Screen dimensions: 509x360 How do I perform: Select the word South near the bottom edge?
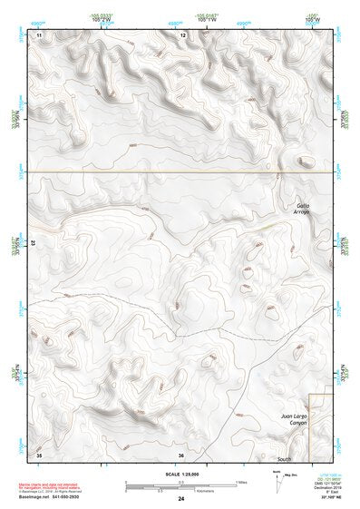285,459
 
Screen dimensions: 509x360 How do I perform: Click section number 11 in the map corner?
39,34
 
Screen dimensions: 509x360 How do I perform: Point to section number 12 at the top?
183,34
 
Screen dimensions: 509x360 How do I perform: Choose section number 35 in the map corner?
39,454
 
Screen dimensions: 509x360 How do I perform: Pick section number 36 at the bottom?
181,455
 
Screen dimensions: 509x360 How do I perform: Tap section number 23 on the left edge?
34,244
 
